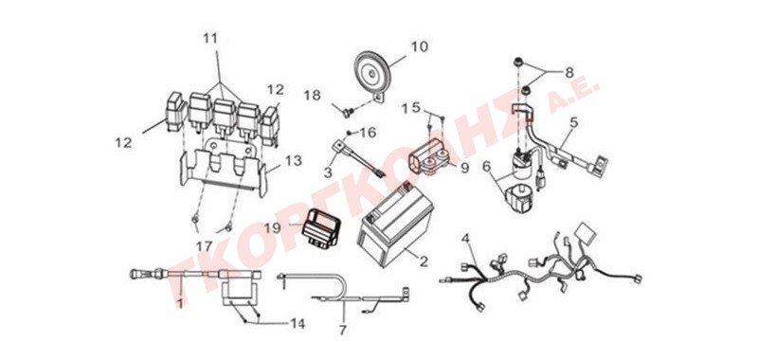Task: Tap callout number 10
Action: click(x=419, y=46)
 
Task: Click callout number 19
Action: click(x=272, y=227)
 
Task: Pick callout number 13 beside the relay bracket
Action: click(x=294, y=160)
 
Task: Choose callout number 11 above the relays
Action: click(x=210, y=38)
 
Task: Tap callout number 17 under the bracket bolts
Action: click(x=204, y=246)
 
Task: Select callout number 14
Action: click(x=298, y=324)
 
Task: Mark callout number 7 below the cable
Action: click(x=342, y=331)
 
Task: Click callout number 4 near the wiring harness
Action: click(x=465, y=238)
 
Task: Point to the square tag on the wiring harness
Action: click(x=587, y=232)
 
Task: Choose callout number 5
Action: click(x=574, y=123)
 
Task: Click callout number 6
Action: click(x=486, y=166)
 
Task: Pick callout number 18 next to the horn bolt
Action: click(x=313, y=95)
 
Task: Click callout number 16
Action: click(x=368, y=133)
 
